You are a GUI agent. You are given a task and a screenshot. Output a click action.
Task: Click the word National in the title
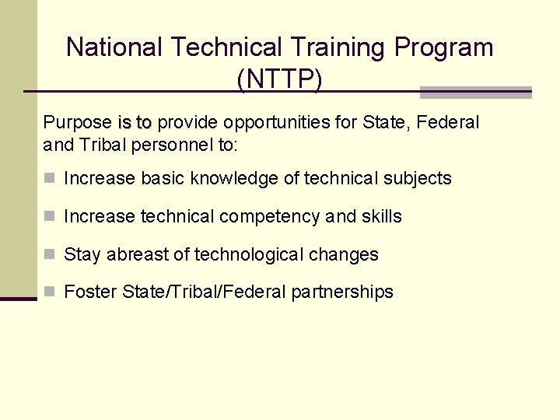tap(115, 47)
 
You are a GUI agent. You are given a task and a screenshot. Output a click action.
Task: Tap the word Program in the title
tap(443, 47)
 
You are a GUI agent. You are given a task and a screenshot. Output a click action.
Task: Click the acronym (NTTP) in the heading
tap(279, 79)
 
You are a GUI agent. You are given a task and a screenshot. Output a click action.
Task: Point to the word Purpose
tap(77, 123)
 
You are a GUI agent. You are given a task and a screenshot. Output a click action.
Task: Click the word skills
tap(381, 216)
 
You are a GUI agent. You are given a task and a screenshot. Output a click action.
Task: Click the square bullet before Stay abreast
tap(50, 254)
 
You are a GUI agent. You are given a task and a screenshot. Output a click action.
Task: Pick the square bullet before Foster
tap(50, 292)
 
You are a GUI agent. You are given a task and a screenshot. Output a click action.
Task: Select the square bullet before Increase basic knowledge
tap(50, 178)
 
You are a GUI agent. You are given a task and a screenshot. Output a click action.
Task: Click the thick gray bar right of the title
tap(475, 93)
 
